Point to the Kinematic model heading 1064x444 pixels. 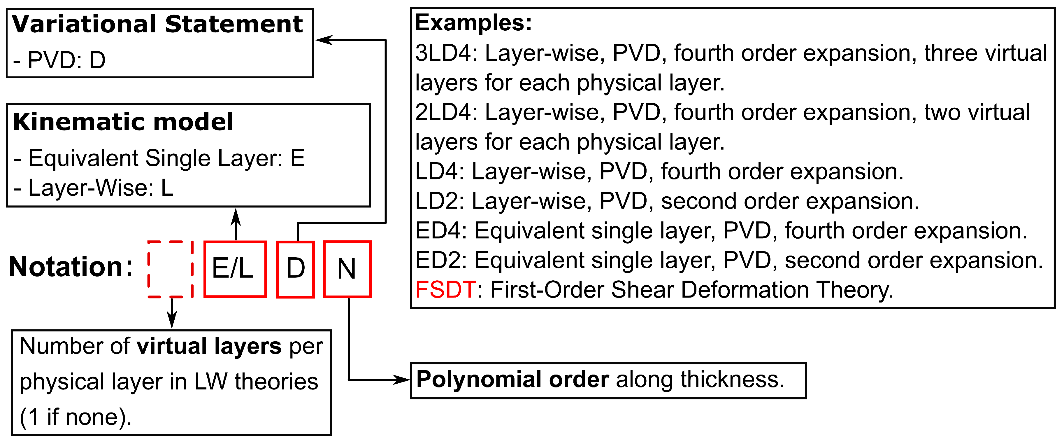coord(123,122)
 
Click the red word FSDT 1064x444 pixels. coord(445,289)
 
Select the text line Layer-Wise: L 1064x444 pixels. coord(94,188)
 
